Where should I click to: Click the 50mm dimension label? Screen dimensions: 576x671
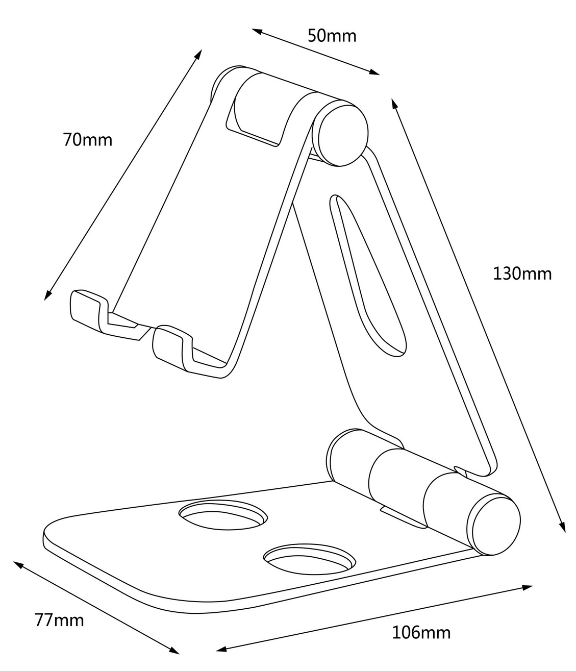tap(332, 36)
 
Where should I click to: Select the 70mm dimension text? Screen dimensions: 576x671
tap(88, 140)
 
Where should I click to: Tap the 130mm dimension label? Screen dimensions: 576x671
tap(522, 274)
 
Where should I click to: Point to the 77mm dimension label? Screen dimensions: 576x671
tap(59, 620)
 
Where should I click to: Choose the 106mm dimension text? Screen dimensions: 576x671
tap(421, 633)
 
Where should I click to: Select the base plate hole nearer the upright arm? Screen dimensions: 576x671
tap(223, 517)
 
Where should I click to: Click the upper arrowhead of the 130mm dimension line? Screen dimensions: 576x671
tap(394, 103)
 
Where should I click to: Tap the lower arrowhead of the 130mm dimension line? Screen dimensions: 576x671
tap(563, 527)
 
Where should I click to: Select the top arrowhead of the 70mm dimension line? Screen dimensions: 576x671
tap(198, 54)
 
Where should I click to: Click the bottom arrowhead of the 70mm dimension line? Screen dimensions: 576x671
tap(47, 296)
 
